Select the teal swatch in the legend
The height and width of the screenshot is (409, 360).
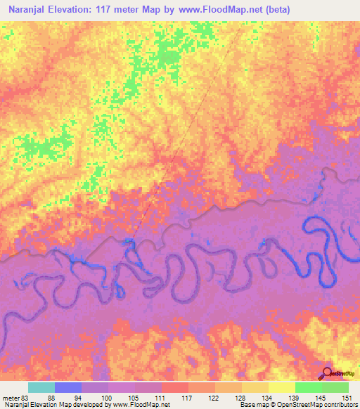click(41, 387)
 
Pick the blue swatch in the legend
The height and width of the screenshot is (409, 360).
click(68, 387)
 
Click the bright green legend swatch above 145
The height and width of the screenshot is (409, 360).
click(309, 387)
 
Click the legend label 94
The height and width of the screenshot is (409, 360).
click(78, 397)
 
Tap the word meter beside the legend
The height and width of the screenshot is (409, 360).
click(10, 397)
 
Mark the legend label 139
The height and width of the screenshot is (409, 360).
click(292, 397)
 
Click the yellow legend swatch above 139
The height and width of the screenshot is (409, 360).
click(282, 387)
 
